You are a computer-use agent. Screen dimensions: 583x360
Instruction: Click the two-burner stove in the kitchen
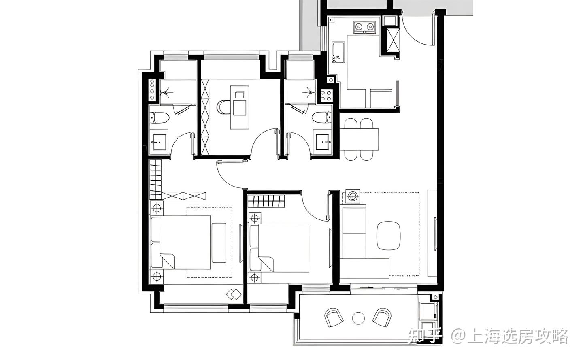[364, 27]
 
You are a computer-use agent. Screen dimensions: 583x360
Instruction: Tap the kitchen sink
[338, 52]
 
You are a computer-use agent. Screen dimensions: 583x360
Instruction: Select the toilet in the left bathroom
[160, 118]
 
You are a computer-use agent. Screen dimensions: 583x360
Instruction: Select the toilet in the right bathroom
[322, 117]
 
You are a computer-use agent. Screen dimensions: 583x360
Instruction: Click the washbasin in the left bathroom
[159, 142]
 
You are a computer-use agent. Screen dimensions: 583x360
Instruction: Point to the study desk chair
[223, 107]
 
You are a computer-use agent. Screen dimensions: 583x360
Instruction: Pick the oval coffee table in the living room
[388, 236]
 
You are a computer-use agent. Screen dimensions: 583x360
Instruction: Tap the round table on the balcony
[358, 318]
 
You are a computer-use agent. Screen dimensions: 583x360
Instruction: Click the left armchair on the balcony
[334, 317]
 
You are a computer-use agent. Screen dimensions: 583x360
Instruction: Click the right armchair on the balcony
[382, 317]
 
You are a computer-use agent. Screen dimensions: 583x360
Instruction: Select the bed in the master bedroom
[181, 242]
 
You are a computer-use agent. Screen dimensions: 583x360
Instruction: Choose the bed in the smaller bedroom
[279, 248]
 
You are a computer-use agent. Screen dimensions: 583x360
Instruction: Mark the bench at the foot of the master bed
[219, 243]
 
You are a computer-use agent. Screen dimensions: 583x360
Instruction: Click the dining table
[359, 139]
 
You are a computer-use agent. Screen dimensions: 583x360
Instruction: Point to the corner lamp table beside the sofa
[353, 196]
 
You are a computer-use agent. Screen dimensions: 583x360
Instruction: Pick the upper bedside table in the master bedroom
[157, 208]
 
